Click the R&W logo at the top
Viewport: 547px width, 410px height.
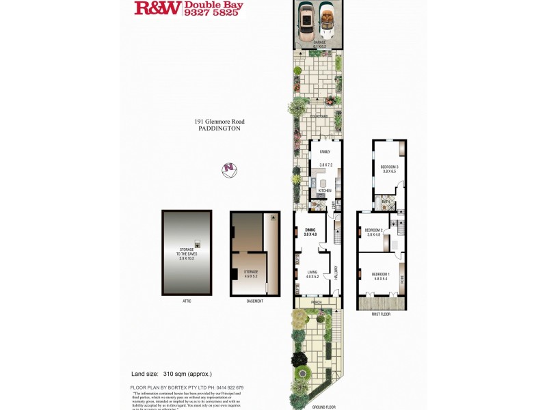point(158,8)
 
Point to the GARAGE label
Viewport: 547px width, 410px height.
point(319,42)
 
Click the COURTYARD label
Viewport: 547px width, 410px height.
point(319,116)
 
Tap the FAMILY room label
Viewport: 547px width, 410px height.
point(325,152)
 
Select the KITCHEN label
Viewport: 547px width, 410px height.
point(325,191)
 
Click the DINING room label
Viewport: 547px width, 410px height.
point(310,230)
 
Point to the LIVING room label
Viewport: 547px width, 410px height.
point(312,271)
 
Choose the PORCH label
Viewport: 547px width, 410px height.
point(317,301)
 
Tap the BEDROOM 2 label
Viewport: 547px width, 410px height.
point(373,230)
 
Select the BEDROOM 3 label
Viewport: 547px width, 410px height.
point(389,167)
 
